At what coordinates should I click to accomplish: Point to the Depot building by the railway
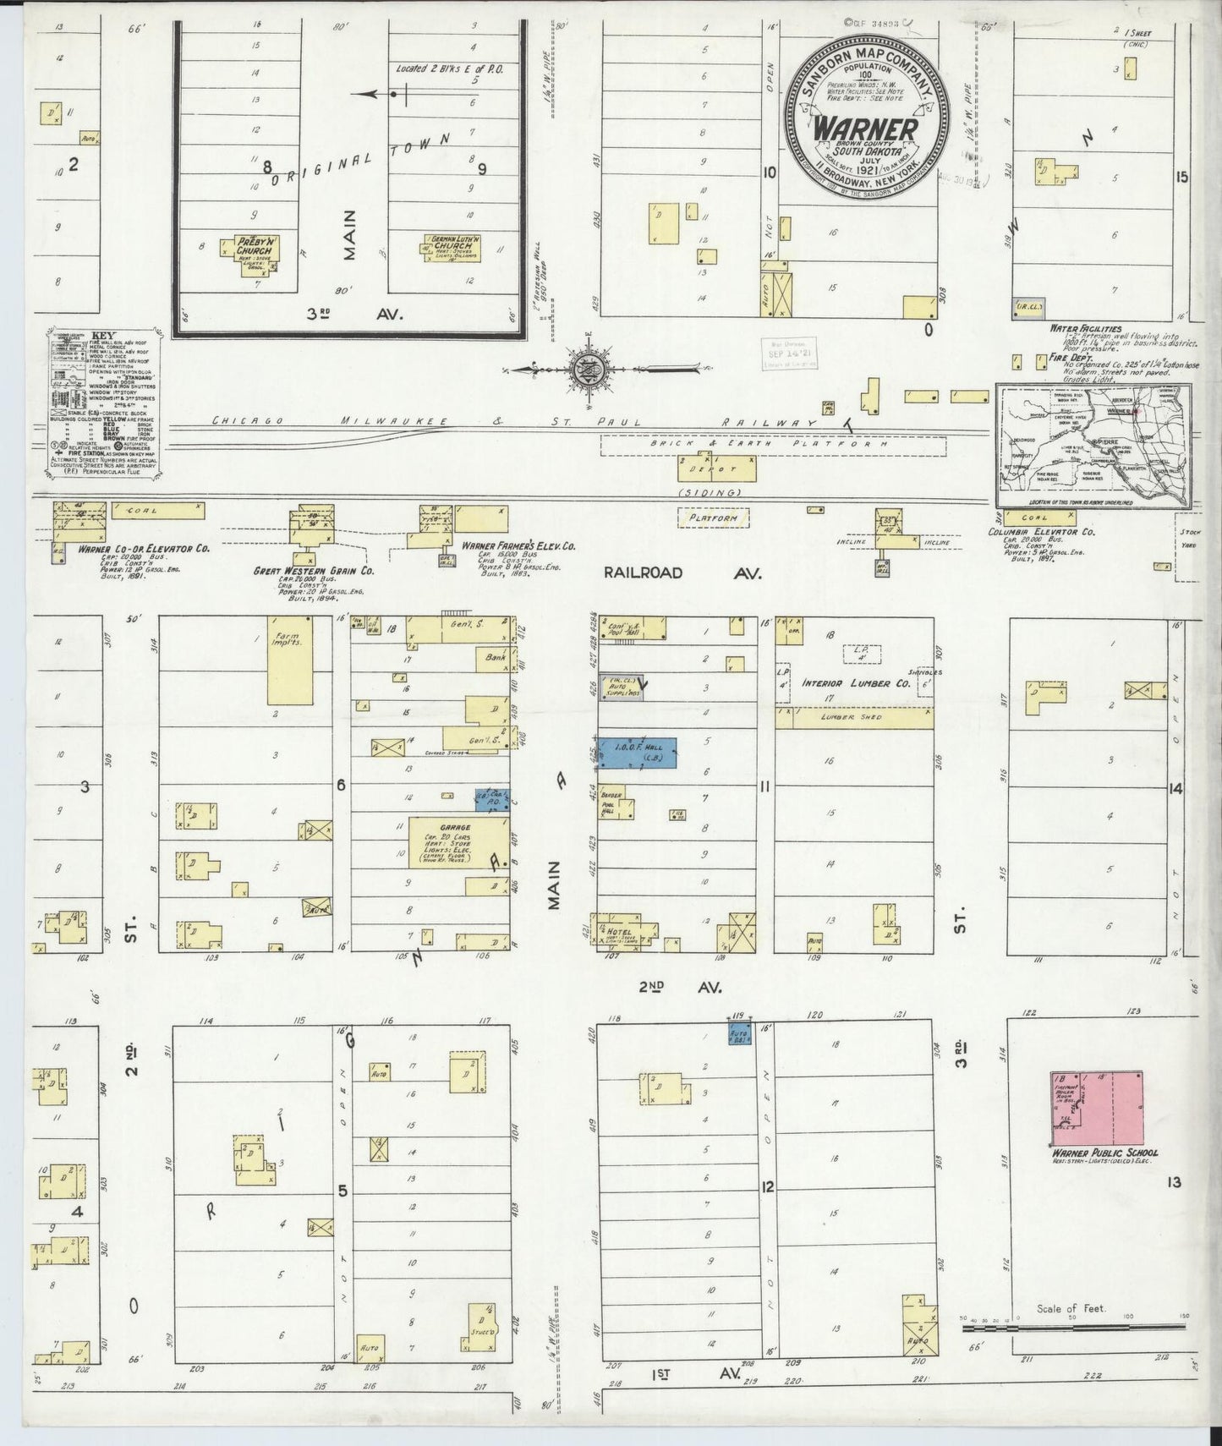(716, 468)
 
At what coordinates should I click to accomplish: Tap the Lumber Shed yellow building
(854, 718)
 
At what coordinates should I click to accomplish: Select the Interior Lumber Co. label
(855, 683)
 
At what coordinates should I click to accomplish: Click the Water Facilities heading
(1085, 328)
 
